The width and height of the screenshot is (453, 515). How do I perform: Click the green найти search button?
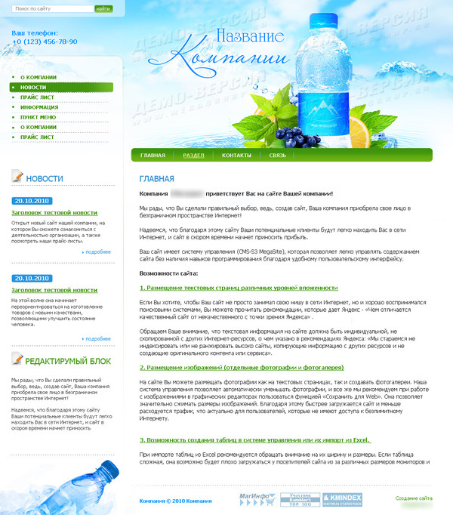click(x=103, y=9)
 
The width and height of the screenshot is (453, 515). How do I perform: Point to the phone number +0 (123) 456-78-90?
click(x=45, y=42)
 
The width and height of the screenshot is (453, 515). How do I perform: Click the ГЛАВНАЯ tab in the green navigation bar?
click(x=152, y=155)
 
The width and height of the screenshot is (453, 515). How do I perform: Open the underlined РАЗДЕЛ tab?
click(x=193, y=155)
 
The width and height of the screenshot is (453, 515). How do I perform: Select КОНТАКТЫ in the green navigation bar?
click(x=236, y=155)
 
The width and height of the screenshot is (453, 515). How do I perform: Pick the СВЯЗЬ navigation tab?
click(x=278, y=155)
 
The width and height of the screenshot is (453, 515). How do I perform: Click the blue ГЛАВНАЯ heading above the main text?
click(x=156, y=179)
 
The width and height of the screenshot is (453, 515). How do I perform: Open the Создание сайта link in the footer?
click(x=414, y=498)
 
